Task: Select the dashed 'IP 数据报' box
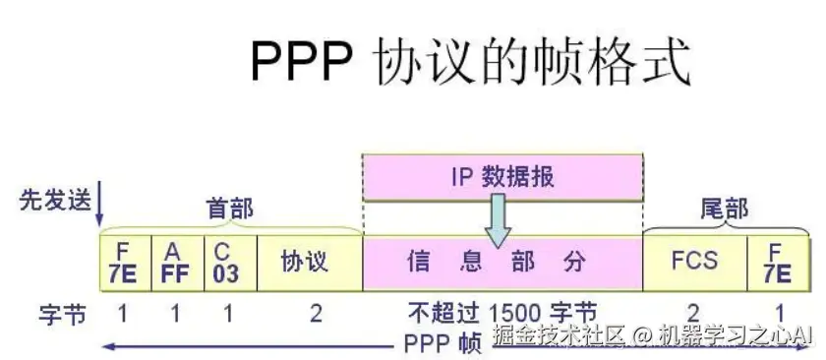pyautogui.click(x=502, y=178)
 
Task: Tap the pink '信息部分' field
pyautogui.click(x=502, y=262)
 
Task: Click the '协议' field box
pyautogui.click(x=309, y=262)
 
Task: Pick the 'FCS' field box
pyautogui.click(x=694, y=262)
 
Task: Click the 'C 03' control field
pyautogui.click(x=228, y=262)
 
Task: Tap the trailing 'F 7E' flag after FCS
pyautogui.click(x=779, y=262)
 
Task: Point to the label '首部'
pyautogui.click(x=229, y=209)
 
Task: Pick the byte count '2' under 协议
pyautogui.click(x=315, y=314)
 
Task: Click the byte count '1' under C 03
pyautogui.click(x=228, y=314)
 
